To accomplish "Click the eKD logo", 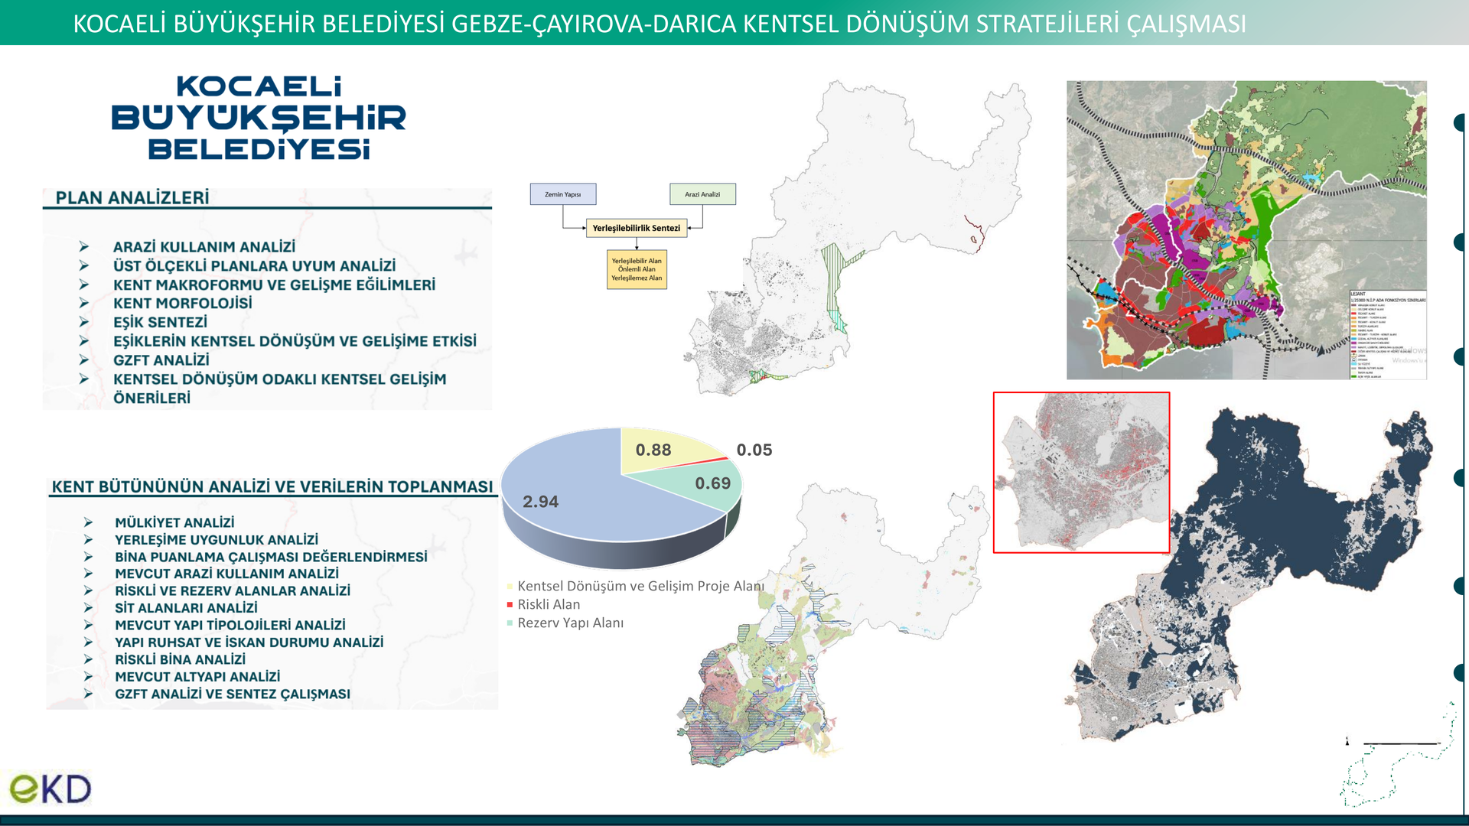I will (x=50, y=789).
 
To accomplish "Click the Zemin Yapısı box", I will (x=563, y=194).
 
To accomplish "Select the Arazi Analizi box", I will (x=702, y=194).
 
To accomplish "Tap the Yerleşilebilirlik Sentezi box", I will (x=636, y=228).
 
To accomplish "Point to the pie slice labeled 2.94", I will (x=581, y=497).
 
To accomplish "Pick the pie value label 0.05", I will (x=754, y=450).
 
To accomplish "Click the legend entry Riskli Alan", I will (x=548, y=604).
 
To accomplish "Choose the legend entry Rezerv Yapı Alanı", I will (x=570, y=623).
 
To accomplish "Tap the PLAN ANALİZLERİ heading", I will (x=132, y=198).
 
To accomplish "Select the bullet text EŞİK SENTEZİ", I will (x=160, y=323).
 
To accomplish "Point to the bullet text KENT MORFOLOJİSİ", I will (x=182, y=304).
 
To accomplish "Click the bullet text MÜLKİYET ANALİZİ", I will (x=174, y=522).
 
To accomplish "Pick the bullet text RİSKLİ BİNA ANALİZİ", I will (x=180, y=659).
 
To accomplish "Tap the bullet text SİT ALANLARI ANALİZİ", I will (x=186, y=608).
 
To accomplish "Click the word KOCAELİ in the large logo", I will (x=259, y=86).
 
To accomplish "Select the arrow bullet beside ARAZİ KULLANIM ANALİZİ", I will (x=84, y=247).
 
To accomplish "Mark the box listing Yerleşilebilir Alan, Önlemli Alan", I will (x=637, y=269).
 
